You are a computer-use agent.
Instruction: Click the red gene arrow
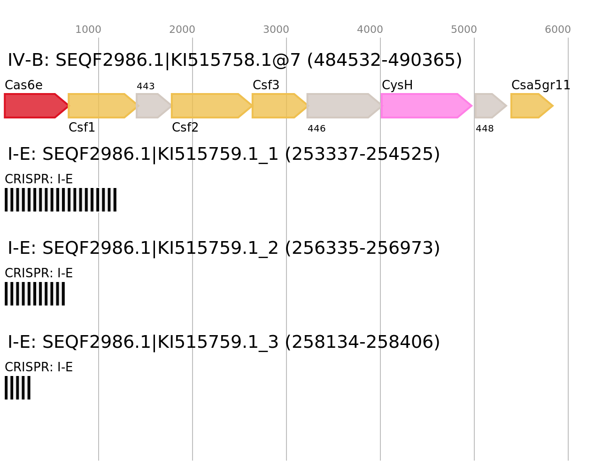(x=33, y=106)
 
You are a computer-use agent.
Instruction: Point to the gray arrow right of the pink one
(x=488, y=106)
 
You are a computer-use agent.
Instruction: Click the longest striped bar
(x=61, y=200)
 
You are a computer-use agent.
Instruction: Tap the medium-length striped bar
(x=35, y=294)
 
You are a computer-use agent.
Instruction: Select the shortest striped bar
(x=17, y=388)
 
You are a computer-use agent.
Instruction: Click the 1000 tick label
(x=88, y=30)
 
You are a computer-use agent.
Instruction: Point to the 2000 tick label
(x=182, y=30)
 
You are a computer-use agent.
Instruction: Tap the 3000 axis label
(x=276, y=30)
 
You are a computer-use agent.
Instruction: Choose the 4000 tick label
(x=370, y=30)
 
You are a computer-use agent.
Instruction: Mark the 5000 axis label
(x=464, y=30)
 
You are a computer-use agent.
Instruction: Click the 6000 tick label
(x=558, y=30)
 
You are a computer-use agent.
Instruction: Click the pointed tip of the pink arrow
(x=471, y=106)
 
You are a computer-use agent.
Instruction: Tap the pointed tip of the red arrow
(x=68, y=106)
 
